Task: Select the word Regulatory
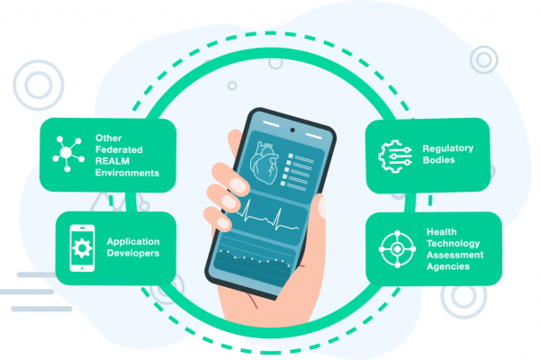447,148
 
